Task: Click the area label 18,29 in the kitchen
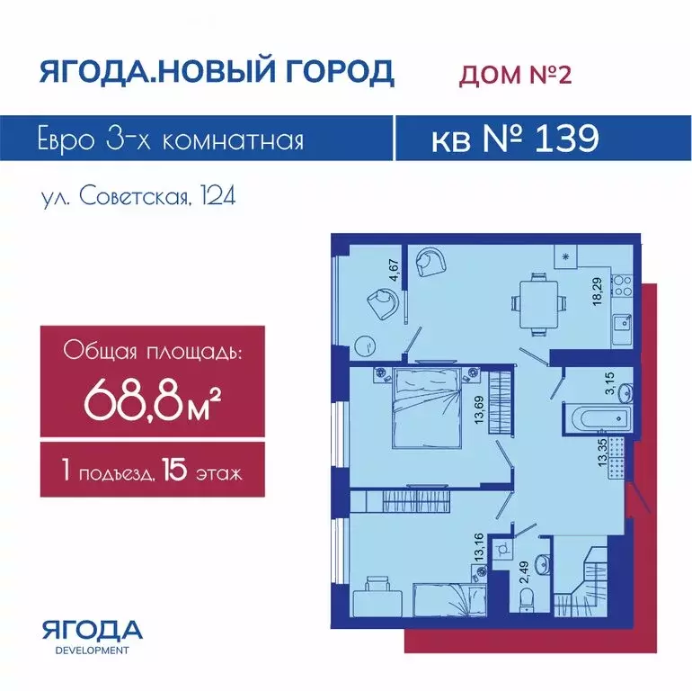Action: tap(598, 292)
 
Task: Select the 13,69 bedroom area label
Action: tap(479, 409)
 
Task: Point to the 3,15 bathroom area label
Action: tap(609, 383)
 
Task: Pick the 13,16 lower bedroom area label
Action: tap(479, 548)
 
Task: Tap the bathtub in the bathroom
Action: tap(596, 417)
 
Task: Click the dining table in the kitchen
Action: tap(538, 305)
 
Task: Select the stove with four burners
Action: tap(622, 285)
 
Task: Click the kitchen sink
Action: tap(622, 325)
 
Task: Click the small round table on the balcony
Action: tap(367, 345)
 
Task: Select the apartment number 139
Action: tap(567, 139)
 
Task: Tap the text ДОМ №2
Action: tap(516, 74)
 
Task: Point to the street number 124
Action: tap(218, 196)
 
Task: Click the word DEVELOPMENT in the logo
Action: tap(93, 651)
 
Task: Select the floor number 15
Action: tap(174, 470)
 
